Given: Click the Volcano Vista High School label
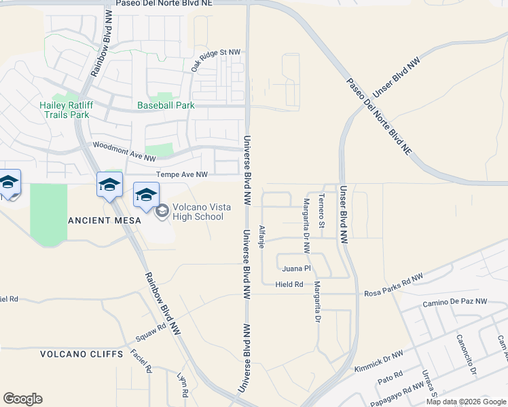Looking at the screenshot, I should pyautogui.click(x=197, y=212).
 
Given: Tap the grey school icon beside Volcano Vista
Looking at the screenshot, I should pyautogui.click(x=162, y=212).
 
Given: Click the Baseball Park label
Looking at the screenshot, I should pyautogui.click(x=166, y=105).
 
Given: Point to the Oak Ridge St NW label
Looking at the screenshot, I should pyautogui.click(x=215, y=60).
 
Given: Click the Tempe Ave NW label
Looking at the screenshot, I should pyautogui.click(x=182, y=174).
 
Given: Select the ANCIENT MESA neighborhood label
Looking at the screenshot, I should pyautogui.click(x=105, y=220).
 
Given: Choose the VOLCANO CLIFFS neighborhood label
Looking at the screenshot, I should pyautogui.click(x=81, y=354).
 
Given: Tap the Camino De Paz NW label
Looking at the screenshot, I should pyautogui.click(x=454, y=302).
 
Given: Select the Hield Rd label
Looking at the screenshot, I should pyautogui.click(x=289, y=284).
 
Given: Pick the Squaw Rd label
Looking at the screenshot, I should pyautogui.click(x=151, y=332).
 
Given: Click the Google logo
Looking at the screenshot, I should pyautogui.click(x=22, y=399).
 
